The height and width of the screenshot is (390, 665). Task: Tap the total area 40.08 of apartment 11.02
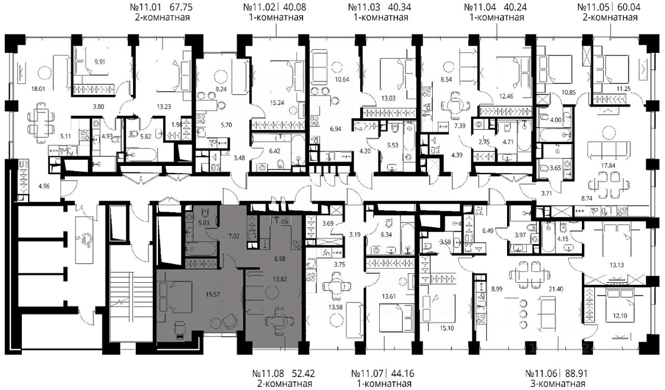pos(295,7)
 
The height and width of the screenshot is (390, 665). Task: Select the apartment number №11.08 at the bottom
pos(268,373)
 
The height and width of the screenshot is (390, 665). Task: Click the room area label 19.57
pos(213,294)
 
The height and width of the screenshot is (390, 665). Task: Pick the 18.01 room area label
pos(38,89)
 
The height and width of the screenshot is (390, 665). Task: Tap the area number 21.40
pos(556,289)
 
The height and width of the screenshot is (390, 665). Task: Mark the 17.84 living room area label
pos(608,165)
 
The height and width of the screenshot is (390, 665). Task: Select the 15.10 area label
pos(447,328)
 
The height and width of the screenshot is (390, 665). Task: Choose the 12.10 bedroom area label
pos(620,316)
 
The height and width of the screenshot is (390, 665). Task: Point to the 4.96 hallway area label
pos(44,186)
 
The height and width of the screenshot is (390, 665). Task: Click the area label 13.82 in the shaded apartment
pos(280,279)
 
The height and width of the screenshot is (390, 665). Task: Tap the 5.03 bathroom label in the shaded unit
pos(204,223)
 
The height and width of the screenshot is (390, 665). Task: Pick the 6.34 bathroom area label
pos(386,235)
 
